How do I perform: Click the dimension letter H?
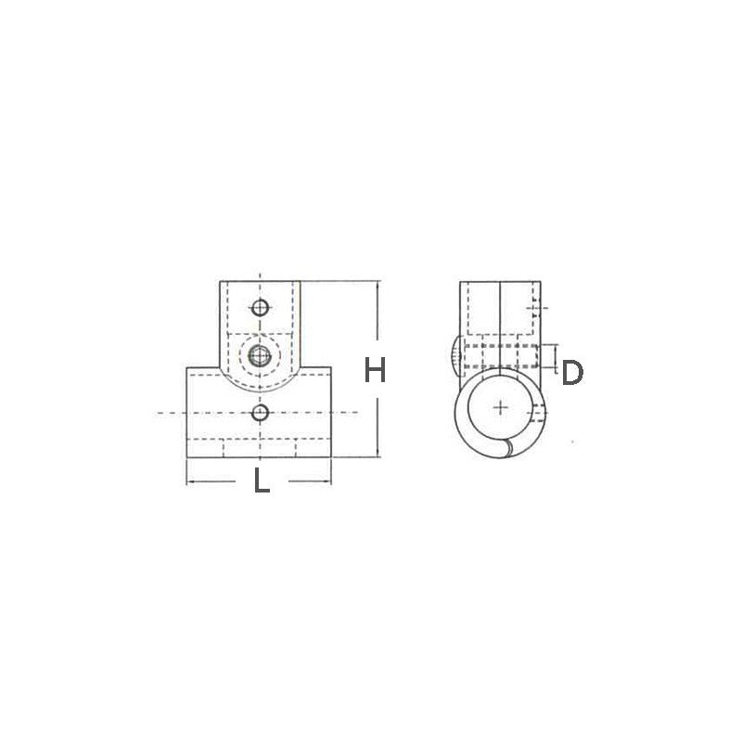(x=374, y=371)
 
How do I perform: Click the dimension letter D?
(x=572, y=373)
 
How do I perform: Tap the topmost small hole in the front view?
(x=262, y=307)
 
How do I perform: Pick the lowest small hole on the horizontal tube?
(x=262, y=411)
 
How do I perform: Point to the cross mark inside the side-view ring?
(x=501, y=406)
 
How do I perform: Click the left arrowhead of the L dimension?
(x=190, y=482)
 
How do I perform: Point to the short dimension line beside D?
(x=554, y=356)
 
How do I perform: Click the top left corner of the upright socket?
(x=220, y=282)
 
